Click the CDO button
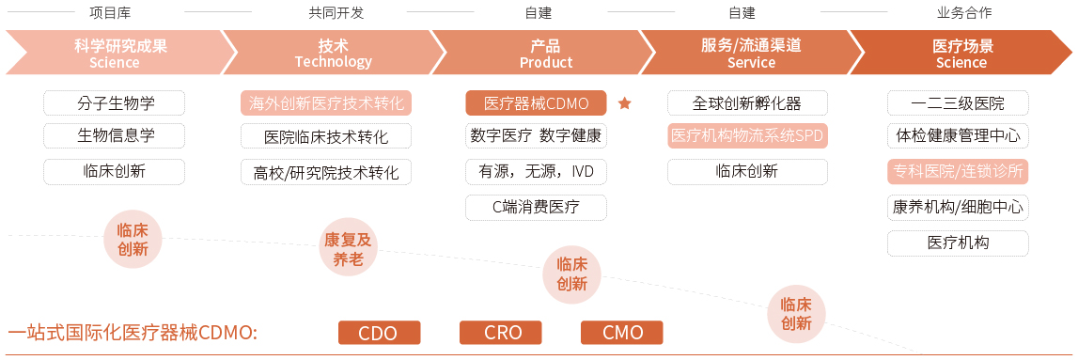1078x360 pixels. [x=379, y=333]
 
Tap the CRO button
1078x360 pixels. [x=501, y=333]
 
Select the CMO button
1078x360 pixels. [x=622, y=333]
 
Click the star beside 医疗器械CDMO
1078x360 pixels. [x=625, y=103]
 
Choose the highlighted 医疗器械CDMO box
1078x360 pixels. [x=536, y=103]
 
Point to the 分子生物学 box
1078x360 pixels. [x=115, y=102]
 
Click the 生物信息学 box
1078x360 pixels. [x=115, y=135]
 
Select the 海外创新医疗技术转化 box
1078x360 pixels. [x=326, y=103]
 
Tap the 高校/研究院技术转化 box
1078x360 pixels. [x=326, y=172]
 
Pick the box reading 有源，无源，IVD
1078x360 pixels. [x=536, y=172]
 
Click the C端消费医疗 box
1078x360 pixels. [x=536, y=207]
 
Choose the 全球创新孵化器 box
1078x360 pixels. [x=747, y=102]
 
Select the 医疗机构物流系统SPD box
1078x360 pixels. [x=747, y=135]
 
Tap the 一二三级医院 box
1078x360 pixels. [x=958, y=102]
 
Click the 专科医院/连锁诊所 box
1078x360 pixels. [x=958, y=172]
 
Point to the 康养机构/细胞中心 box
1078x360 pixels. [x=958, y=207]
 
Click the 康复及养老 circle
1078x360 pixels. [x=348, y=249]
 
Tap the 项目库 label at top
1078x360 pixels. [x=115, y=13]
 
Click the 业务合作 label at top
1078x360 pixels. [x=963, y=13]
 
